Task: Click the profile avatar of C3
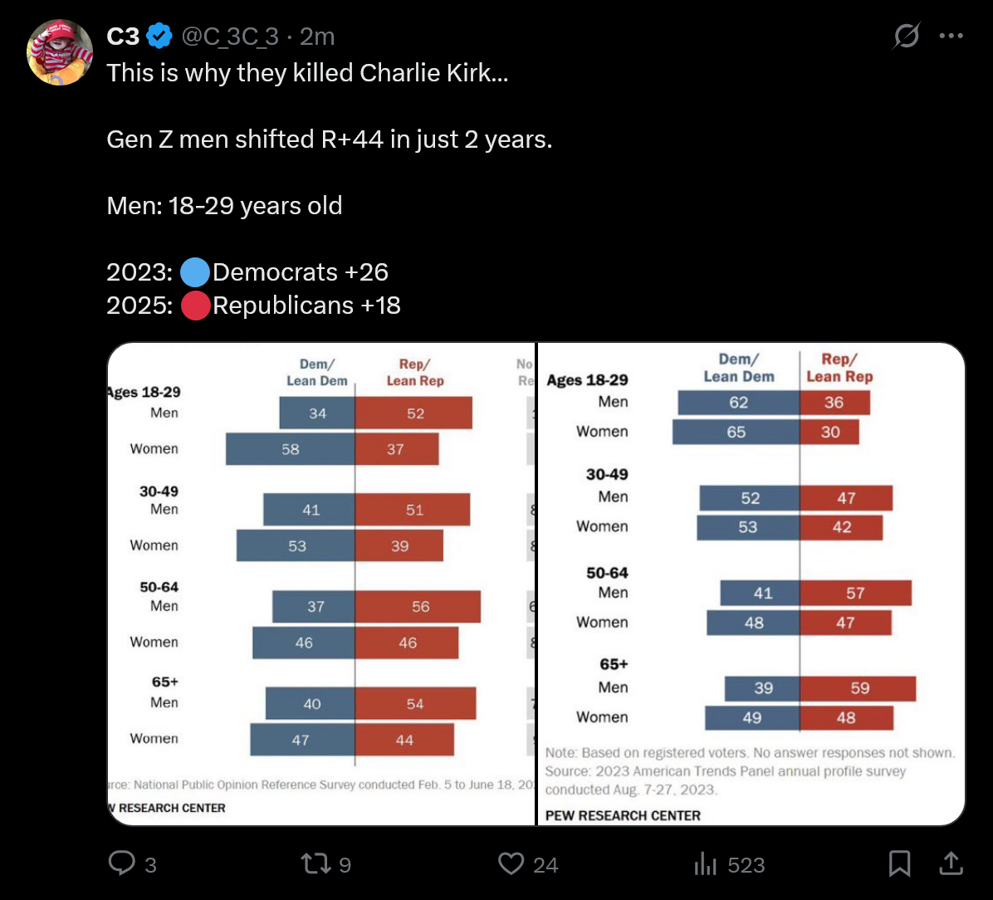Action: coord(60,52)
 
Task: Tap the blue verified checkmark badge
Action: coord(159,37)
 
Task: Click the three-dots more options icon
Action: coord(951,37)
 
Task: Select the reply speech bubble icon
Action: coord(122,864)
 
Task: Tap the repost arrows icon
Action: coord(315,864)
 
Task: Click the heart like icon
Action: coord(511,864)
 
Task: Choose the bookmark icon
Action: coord(899,864)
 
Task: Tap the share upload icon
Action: coord(951,864)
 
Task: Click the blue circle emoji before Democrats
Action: coord(194,272)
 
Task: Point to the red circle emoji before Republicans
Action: coord(194,306)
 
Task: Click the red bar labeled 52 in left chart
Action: coord(413,413)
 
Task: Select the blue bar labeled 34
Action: coord(317,413)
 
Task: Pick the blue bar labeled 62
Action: coord(738,403)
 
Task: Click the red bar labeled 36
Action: coord(834,403)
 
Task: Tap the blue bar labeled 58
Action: coord(290,449)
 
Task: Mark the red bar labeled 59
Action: coord(858,688)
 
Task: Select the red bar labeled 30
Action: coord(829,432)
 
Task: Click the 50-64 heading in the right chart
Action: coord(607,573)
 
